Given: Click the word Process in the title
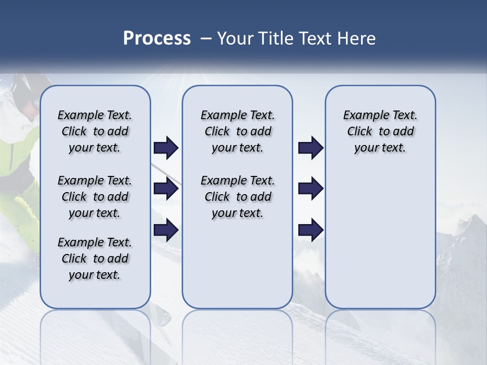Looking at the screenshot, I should pos(157,39).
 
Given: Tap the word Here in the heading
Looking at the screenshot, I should pos(357,39).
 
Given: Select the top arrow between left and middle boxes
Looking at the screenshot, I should pos(166,148).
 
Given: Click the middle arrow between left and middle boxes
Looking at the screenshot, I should pos(166,189).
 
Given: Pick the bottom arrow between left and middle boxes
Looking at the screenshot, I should pos(166,230).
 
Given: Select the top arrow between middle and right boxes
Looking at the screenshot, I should pos(310,148).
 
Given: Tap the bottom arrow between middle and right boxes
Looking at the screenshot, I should pos(310,230).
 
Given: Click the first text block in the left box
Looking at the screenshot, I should pos(95,131).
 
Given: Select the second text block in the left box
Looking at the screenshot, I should pos(95,197).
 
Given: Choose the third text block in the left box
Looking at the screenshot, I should pos(95,259).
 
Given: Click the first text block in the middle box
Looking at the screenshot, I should pos(237,131).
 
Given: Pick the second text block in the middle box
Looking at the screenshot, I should pos(237,197).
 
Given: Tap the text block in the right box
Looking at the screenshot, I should pos(380,131).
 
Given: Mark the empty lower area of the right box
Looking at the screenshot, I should pos(380,243).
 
